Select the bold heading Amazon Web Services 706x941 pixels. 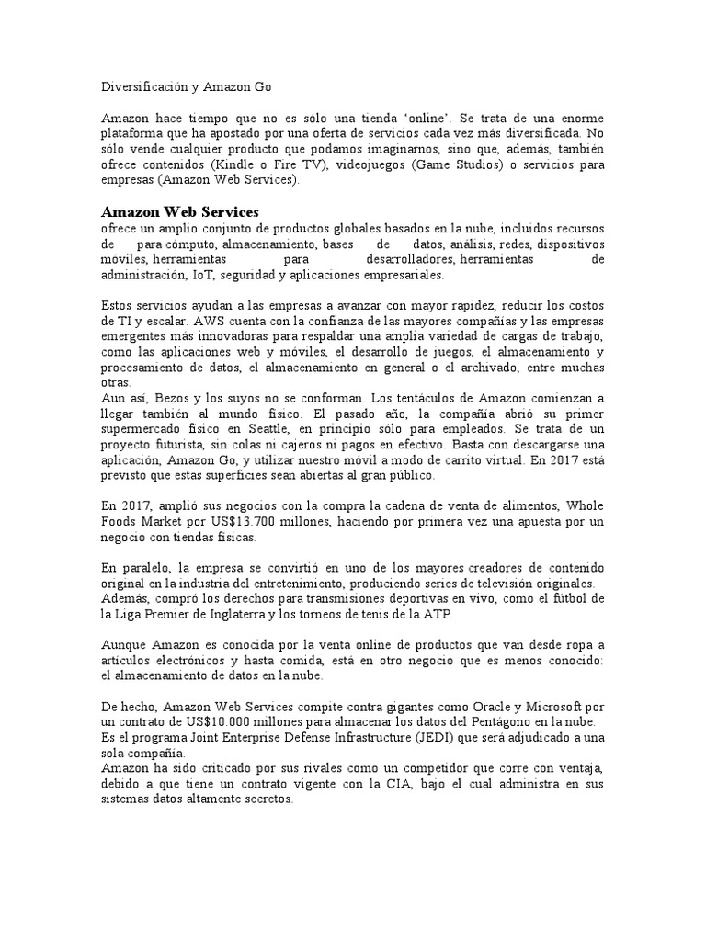[x=180, y=212]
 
